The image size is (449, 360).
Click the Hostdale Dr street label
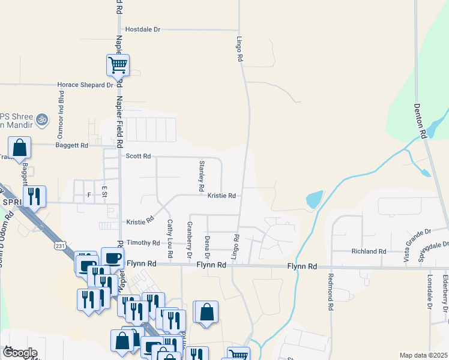(x=143, y=29)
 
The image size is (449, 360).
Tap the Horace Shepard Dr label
(x=85, y=85)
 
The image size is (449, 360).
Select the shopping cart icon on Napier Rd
(x=118, y=65)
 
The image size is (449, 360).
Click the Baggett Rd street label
(x=71, y=145)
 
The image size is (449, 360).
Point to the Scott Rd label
(x=137, y=156)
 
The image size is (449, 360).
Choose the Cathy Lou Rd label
(x=170, y=239)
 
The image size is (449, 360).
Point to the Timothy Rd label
(x=143, y=243)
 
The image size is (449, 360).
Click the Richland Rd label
(x=369, y=251)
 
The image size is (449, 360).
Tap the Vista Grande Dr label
(x=417, y=245)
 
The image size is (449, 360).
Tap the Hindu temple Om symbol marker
(x=42, y=120)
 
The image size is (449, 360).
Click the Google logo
(x=20, y=353)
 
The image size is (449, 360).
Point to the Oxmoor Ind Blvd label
(x=61, y=121)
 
